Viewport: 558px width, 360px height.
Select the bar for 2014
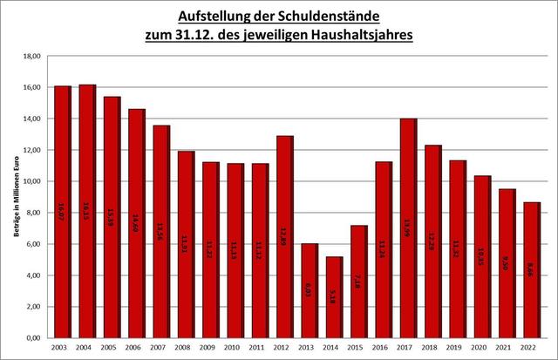coord(335,296)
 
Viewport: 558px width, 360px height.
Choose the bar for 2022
coord(532,270)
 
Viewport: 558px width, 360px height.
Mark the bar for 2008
coord(186,244)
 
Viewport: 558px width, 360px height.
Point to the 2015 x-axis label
coord(359,348)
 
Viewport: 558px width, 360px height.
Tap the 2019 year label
coord(458,348)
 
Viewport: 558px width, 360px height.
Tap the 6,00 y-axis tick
coord(33,244)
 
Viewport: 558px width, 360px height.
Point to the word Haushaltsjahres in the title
coord(365,37)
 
